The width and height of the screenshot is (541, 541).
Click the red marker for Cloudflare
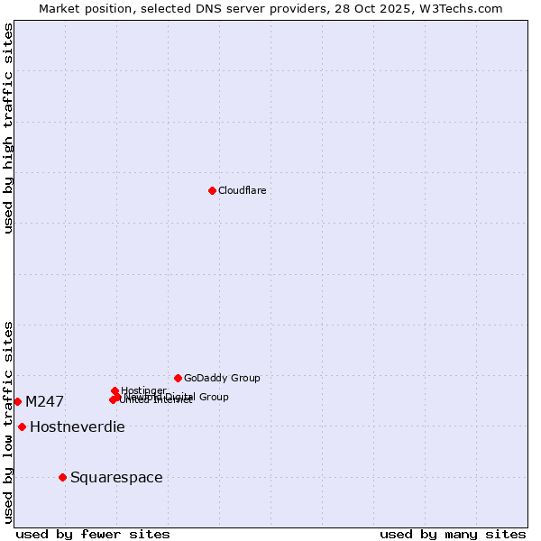[212, 190]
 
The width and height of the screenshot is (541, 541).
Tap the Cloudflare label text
[242, 190]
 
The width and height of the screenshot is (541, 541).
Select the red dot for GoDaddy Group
[178, 378]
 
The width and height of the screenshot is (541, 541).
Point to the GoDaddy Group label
[222, 378]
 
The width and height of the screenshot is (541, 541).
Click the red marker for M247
[17, 401]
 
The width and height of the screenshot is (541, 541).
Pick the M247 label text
[44, 401]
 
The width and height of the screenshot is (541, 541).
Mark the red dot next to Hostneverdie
[22, 426]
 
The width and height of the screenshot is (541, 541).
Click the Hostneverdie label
[77, 426]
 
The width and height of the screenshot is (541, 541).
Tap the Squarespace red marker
[62, 477]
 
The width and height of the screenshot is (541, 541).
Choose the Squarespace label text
[116, 477]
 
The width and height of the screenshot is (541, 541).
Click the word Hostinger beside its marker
[143, 390]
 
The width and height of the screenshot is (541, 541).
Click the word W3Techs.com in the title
[464, 8]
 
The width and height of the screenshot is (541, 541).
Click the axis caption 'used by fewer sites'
[93, 534]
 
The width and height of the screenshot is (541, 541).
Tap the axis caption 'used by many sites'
[453, 534]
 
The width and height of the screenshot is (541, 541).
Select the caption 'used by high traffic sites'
[8, 128]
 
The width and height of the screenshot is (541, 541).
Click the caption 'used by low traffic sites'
[8, 421]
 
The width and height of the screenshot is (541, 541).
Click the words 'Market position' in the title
[83, 8]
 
